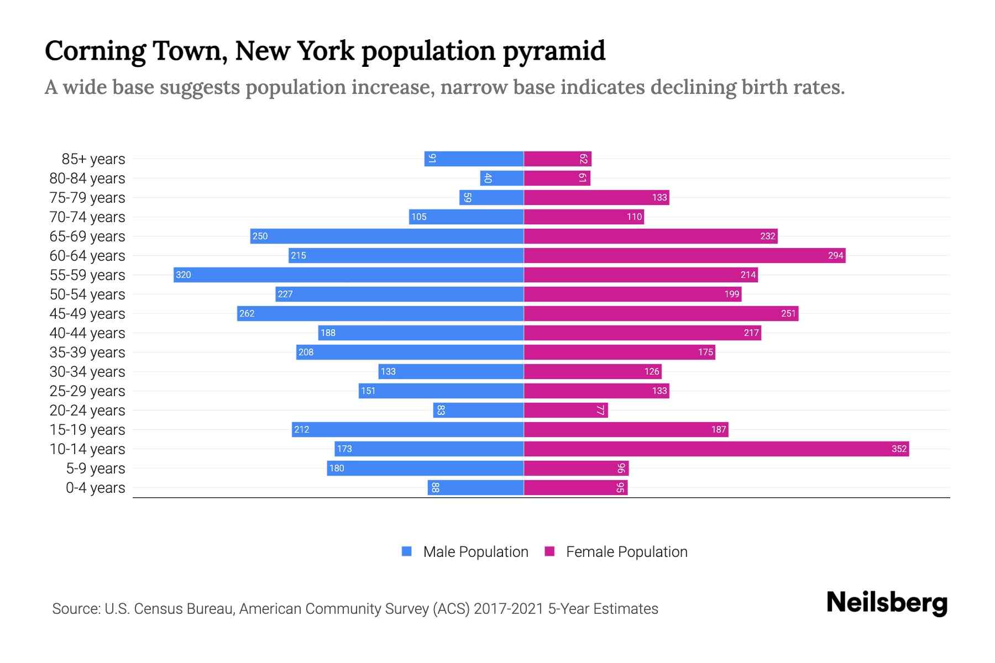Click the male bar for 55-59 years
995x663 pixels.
pyautogui.click(x=348, y=275)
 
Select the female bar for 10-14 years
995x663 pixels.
pyautogui.click(x=716, y=449)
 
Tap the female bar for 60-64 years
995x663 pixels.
pyautogui.click(x=684, y=255)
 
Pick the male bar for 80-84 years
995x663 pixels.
pyautogui.click(x=502, y=178)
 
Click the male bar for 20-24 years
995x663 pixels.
pyautogui.click(x=478, y=410)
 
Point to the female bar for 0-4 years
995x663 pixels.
pyautogui.click(x=575, y=487)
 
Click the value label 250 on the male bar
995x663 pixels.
pyautogui.click(x=260, y=236)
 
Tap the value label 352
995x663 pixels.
pyautogui.click(x=899, y=449)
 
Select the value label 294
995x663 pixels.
pyautogui.click(x=835, y=255)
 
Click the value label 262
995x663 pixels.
pyautogui.click(x=247, y=313)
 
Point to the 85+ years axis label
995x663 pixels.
pyautogui.click(x=93, y=159)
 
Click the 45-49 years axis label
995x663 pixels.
pyautogui.click(x=87, y=314)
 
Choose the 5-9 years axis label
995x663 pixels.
pyautogui.click(x=95, y=469)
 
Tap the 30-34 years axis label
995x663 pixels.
pyautogui.click(x=87, y=372)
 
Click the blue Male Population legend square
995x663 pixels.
pyautogui.click(x=407, y=551)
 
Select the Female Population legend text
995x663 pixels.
pyautogui.click(x=626, y=551)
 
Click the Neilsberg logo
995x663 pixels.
pyautogui.click(x=887, y=603)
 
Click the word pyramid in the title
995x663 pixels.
pyautogui.click(x=554, y=51)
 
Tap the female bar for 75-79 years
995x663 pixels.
pyautogui.click(x=596, y=197)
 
